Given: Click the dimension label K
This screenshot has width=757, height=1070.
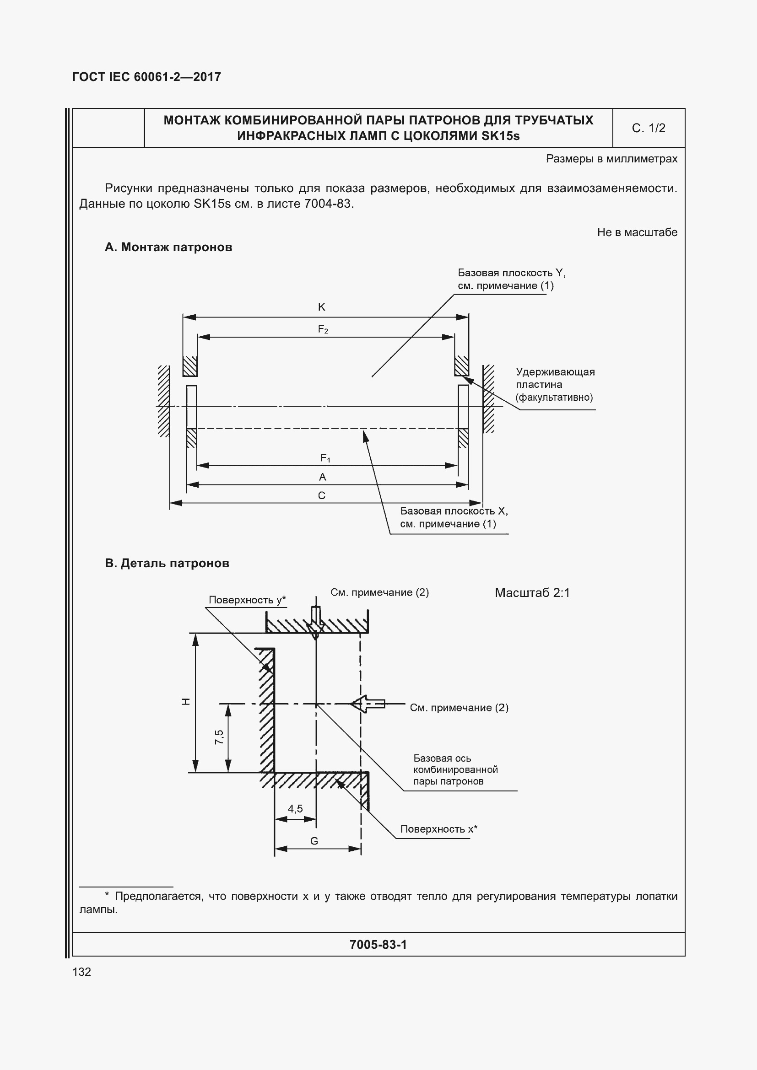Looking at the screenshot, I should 321,306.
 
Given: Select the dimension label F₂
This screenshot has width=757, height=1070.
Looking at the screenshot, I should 323,329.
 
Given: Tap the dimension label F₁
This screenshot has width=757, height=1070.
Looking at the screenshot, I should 325,458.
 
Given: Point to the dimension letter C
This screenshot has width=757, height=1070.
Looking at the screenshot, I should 322,495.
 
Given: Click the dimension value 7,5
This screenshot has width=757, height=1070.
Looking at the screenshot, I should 219,737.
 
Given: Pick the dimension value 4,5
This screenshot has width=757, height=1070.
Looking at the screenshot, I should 295,808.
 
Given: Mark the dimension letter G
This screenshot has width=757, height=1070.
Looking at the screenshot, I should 314,841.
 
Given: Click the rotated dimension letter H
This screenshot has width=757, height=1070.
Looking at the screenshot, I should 186,702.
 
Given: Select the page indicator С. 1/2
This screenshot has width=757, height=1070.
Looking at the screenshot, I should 649,128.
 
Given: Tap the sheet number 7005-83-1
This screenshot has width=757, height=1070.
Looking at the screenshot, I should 378,945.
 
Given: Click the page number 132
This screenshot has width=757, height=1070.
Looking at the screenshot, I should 81,972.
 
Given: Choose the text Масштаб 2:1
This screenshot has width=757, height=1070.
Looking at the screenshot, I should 532,593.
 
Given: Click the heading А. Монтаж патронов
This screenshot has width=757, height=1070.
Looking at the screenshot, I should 168,247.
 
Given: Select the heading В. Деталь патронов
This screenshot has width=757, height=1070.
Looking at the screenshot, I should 167,564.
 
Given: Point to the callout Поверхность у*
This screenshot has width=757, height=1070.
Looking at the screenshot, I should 247,600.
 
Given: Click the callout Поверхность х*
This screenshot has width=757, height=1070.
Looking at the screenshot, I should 438,829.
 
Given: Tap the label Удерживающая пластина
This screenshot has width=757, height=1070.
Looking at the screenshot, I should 555,378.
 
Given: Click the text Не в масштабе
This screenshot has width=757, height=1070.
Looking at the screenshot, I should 637,232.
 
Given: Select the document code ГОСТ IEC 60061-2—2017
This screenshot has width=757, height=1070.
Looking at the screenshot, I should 146,77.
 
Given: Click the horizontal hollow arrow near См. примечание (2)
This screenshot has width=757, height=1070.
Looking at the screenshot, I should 368,703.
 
